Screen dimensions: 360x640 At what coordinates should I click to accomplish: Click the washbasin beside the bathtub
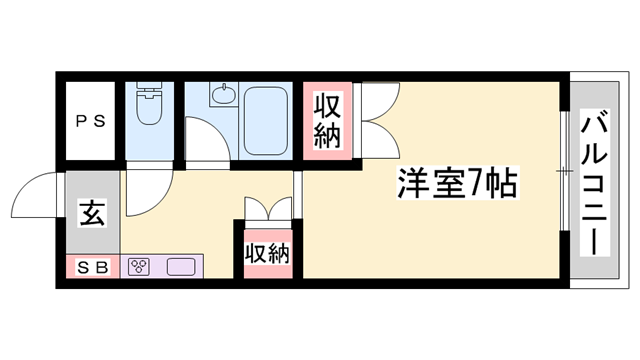coord(222,98)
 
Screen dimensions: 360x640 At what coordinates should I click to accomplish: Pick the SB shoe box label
coord(92,267)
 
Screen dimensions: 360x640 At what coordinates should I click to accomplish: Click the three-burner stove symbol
coord(139,267)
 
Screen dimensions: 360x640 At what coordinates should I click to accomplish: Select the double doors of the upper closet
coord(377,120)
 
